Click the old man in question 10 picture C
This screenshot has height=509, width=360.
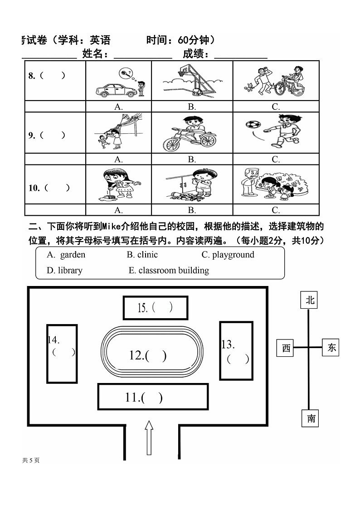click(x=248, y=181)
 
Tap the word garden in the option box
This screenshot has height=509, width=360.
click(x=73, y=255)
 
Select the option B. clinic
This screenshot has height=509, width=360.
click(x=142, y=255)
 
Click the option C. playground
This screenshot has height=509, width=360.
click(x=228, y=255)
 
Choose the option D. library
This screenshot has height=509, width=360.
click(x=65, y=271)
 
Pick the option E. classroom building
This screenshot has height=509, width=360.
click(x=169, y=271)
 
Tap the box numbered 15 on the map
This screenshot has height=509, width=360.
click(x=155, y=308)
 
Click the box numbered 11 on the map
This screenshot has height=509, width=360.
click(x=152, y=397)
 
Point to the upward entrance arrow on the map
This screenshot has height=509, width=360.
click(x=149, y=437)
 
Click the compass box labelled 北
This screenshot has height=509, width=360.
click(x=310, y=300)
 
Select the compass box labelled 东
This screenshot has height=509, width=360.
click(x=332, y=348)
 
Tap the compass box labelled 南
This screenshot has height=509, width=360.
click(x=311, y=418)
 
